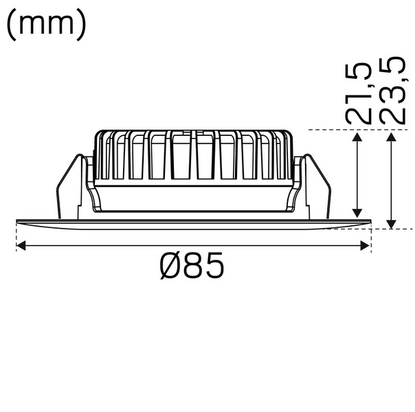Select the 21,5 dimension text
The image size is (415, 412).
pos(359,93)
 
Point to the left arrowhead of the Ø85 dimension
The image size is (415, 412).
pos(21,244)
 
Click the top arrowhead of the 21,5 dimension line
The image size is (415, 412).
pos(357,137)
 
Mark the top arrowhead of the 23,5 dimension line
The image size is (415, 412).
pos(391,137)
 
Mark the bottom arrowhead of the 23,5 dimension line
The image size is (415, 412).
pos(391,223)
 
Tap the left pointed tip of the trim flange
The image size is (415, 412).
pos(16,220)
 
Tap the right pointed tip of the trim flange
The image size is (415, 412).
pos(370,220)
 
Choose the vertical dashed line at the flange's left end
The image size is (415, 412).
pos(15,237)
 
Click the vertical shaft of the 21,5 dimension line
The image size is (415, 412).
pos(357,175)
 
